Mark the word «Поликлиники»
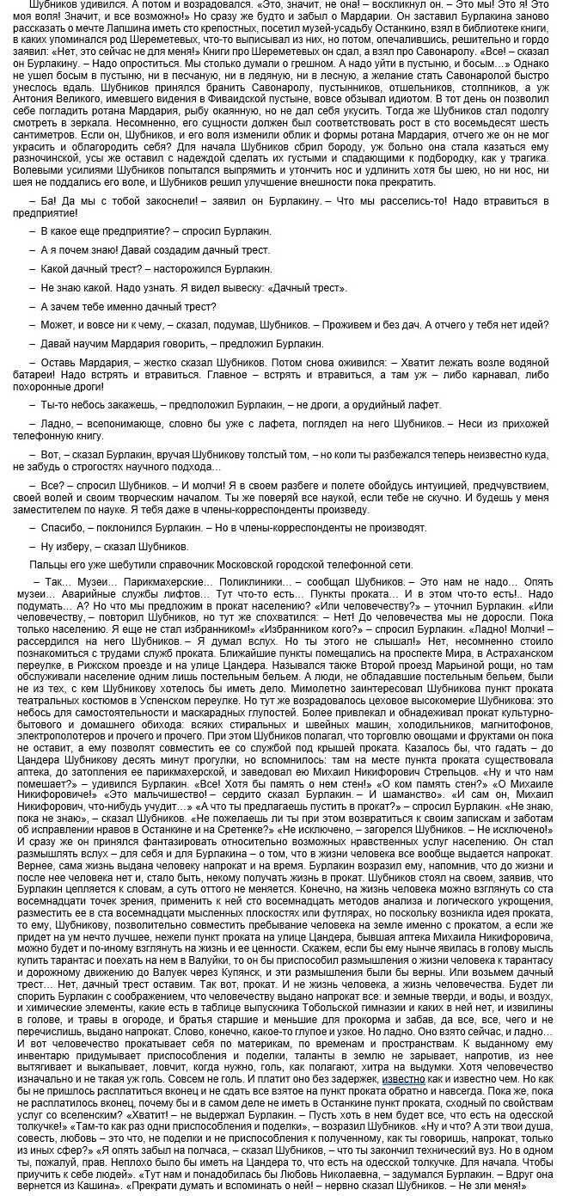251,581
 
